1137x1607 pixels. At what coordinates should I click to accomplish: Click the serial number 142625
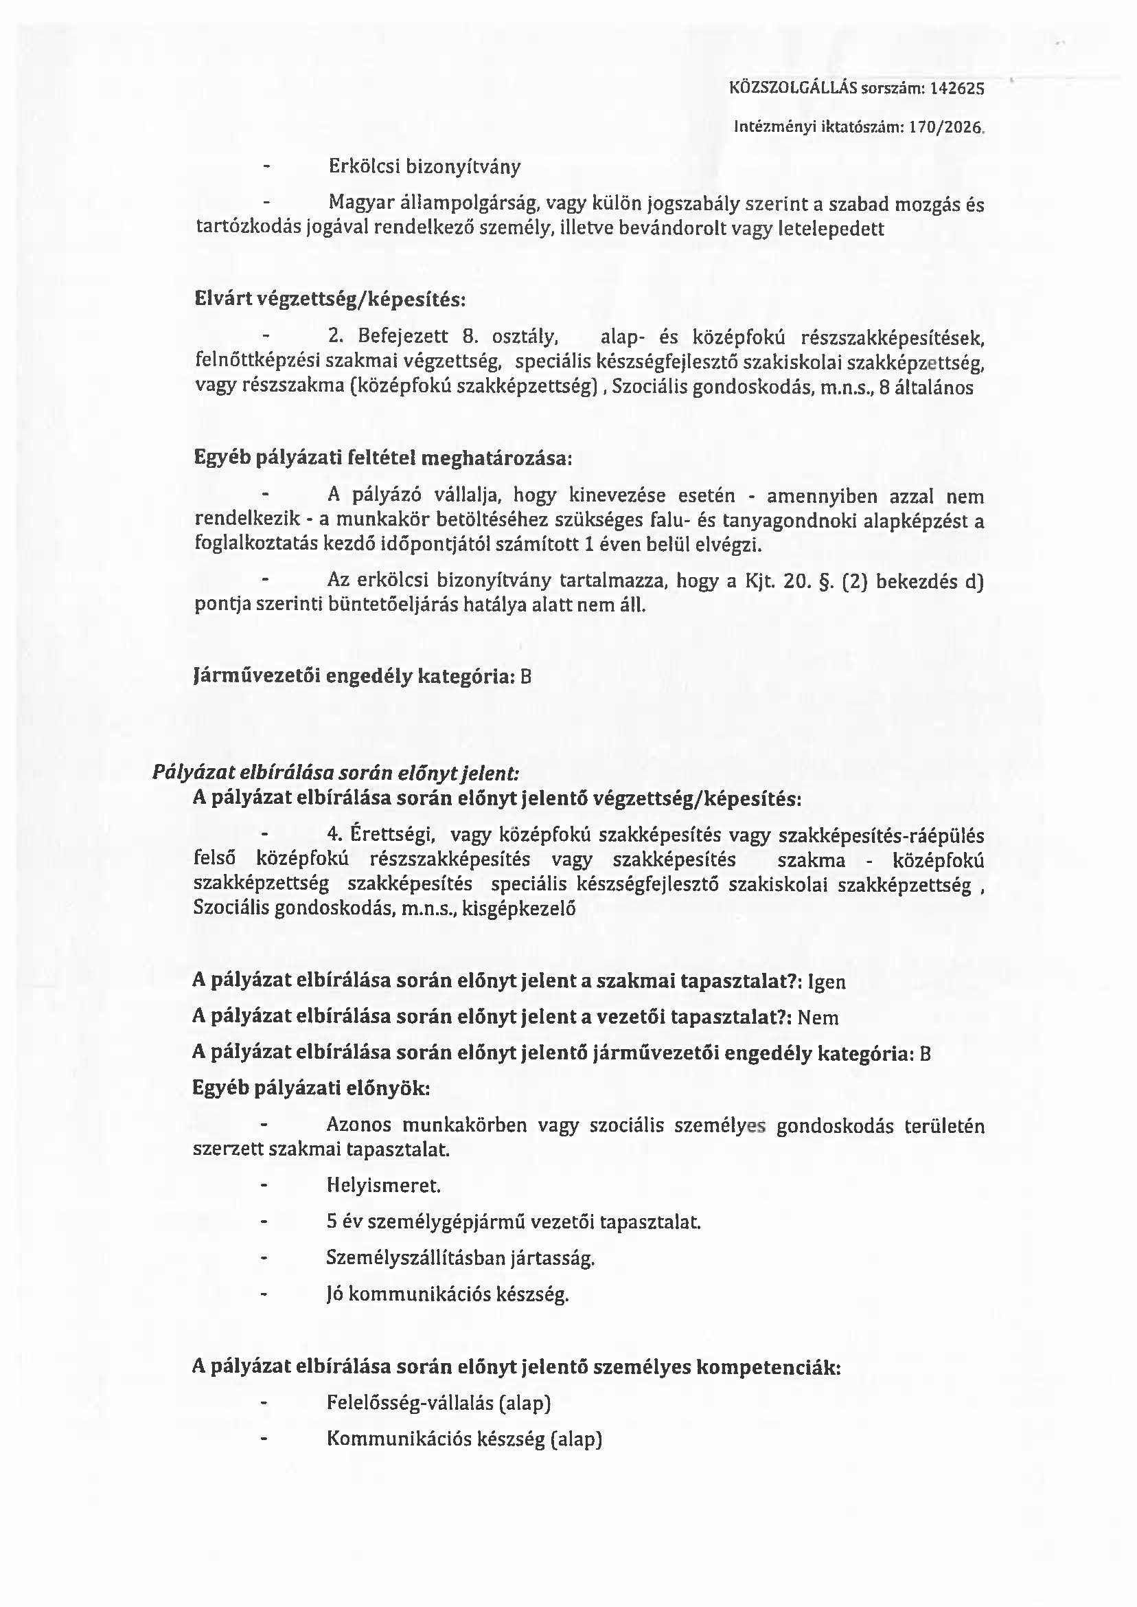click(958, 88)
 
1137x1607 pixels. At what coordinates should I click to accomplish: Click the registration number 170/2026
click(946, 128)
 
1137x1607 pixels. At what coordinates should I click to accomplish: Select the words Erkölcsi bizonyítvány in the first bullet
click(424, 168)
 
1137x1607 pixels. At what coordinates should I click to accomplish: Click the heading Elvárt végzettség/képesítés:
click(330, 300)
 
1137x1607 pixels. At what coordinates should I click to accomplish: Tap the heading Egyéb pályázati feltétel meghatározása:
click(383, 458)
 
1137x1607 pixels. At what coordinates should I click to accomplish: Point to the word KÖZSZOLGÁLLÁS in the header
click(793, 88)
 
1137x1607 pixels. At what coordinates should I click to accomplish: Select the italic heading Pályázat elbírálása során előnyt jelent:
click(336, 774)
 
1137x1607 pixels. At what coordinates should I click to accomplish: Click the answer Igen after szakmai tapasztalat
click(827, 981)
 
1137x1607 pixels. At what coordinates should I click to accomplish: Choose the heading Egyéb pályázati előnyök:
click(312, 1088)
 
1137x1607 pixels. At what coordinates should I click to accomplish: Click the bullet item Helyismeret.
click(384, 1186)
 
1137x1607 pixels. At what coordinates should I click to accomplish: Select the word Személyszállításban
click(416, 1258)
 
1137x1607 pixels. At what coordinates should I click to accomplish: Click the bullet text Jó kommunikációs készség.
click(448, 1294)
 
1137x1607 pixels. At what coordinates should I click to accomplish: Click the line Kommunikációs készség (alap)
click(464, 1439)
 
